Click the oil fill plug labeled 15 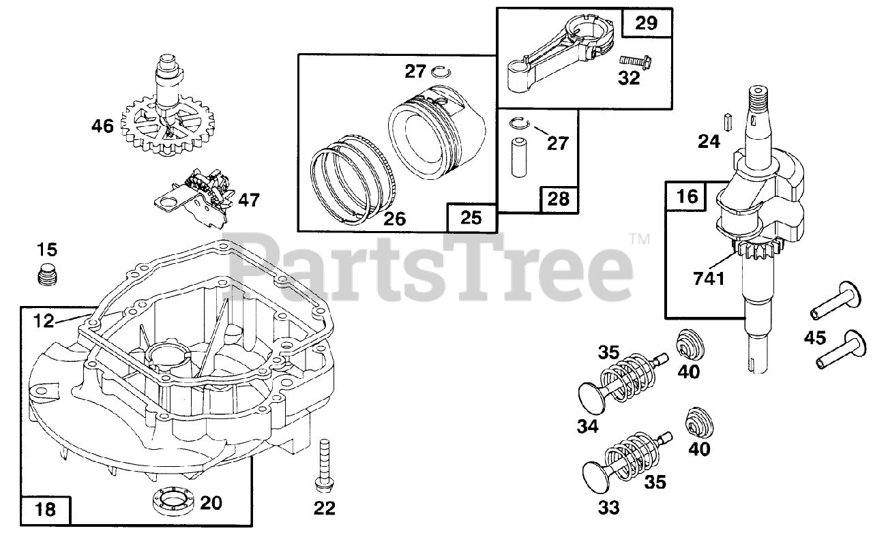[x=48, y=274]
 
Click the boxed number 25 [x=471, y=217]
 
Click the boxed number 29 [x=646, y=24]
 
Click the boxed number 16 [x=688, y=197]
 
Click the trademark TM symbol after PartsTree [x=639, y=239]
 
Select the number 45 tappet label [x=814, y=337]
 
